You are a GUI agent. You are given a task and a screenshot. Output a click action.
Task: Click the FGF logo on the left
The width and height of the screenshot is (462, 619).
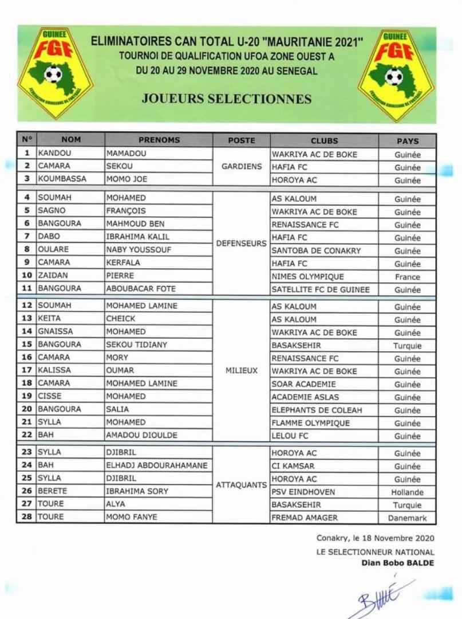pos(55,73)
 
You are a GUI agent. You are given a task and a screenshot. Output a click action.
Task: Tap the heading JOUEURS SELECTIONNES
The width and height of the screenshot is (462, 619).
pos(227,99)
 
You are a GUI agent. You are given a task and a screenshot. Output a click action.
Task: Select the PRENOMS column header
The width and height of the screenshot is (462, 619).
pos(159,140)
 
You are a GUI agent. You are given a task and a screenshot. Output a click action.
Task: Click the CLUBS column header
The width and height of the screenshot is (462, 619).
pos(324,140)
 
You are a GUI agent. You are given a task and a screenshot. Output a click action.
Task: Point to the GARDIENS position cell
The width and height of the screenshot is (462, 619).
pos(241,167)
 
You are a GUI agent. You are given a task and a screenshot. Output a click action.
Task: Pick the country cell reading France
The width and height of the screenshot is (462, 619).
pos(407,277)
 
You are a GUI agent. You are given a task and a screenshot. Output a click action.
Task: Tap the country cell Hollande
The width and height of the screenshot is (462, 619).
pos(407,492)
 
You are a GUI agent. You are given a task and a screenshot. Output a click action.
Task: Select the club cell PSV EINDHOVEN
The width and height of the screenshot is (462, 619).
pos(303,492)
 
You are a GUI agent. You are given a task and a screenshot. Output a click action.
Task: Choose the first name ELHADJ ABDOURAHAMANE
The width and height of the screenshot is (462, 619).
pos(157,465)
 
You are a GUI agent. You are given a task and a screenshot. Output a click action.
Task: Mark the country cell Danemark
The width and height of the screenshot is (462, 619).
pos(407,518)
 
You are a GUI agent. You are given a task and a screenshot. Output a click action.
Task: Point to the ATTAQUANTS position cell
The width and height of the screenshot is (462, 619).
pos(241,485)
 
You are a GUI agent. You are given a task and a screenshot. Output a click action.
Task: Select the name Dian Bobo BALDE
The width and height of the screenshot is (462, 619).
pos(397,563)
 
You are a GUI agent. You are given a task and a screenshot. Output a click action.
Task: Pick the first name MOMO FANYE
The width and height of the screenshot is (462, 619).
pos(131,517)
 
